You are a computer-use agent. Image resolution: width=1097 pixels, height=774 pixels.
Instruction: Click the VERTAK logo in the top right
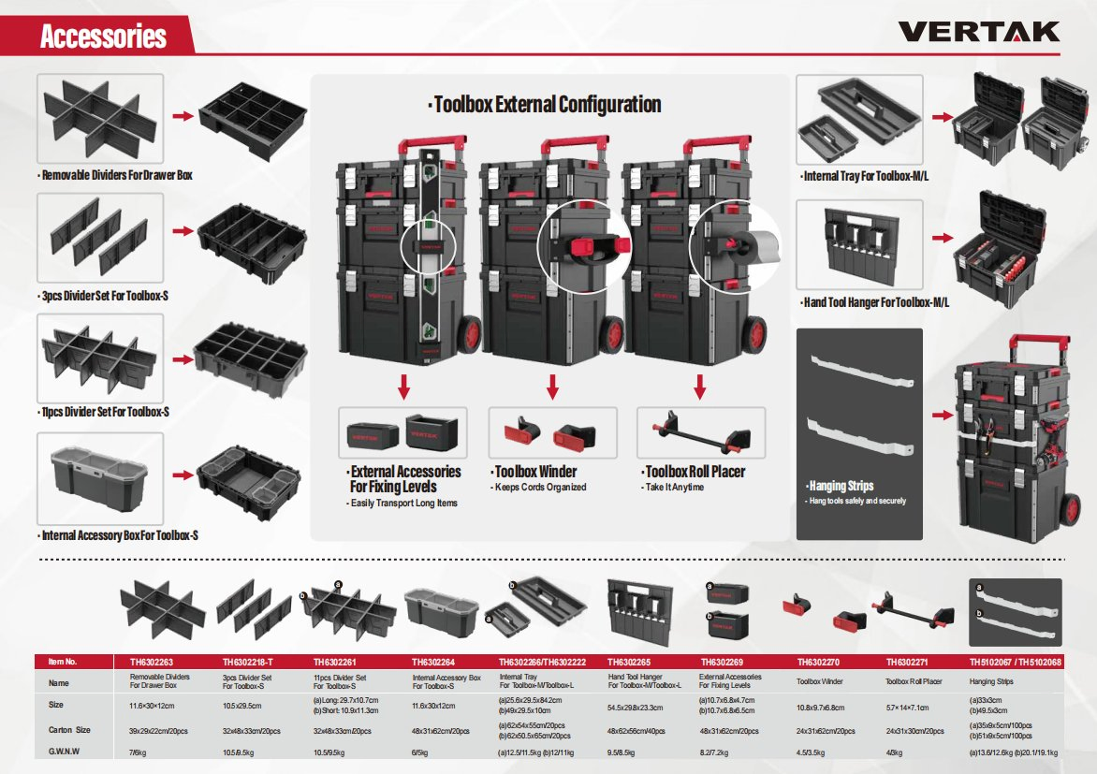pyautogui.click(x=979, y=32)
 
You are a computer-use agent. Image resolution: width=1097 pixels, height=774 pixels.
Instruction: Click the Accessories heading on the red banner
pyautogui.click(x=103, y=37)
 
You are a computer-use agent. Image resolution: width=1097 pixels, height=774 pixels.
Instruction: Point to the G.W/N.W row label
pyautogui.click(x=64, y=751)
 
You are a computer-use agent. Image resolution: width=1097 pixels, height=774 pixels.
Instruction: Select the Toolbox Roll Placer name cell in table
pyautogui.click(x=913, y=682)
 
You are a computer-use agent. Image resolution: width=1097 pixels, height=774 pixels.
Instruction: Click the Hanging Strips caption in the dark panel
pyautogui.click(x=841, y=486)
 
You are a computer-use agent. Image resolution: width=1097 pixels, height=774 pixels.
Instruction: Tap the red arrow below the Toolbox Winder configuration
pyautogui.click(x=552, y=386)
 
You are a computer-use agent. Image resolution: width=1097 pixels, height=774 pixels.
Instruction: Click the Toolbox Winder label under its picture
pyautogui.click(x=534, y=472)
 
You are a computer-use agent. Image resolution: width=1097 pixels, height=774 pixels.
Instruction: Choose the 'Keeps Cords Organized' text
pyautogui.click(x=539, y=487)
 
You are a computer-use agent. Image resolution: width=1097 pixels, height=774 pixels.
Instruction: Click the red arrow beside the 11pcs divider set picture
pyautogui.click(x=179, y=356)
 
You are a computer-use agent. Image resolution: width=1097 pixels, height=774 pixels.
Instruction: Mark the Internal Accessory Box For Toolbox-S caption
pyautogui.click(x=118, y=535)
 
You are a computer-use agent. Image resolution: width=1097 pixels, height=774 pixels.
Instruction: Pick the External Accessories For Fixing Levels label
pyautogui.click(x=404, y=478)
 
